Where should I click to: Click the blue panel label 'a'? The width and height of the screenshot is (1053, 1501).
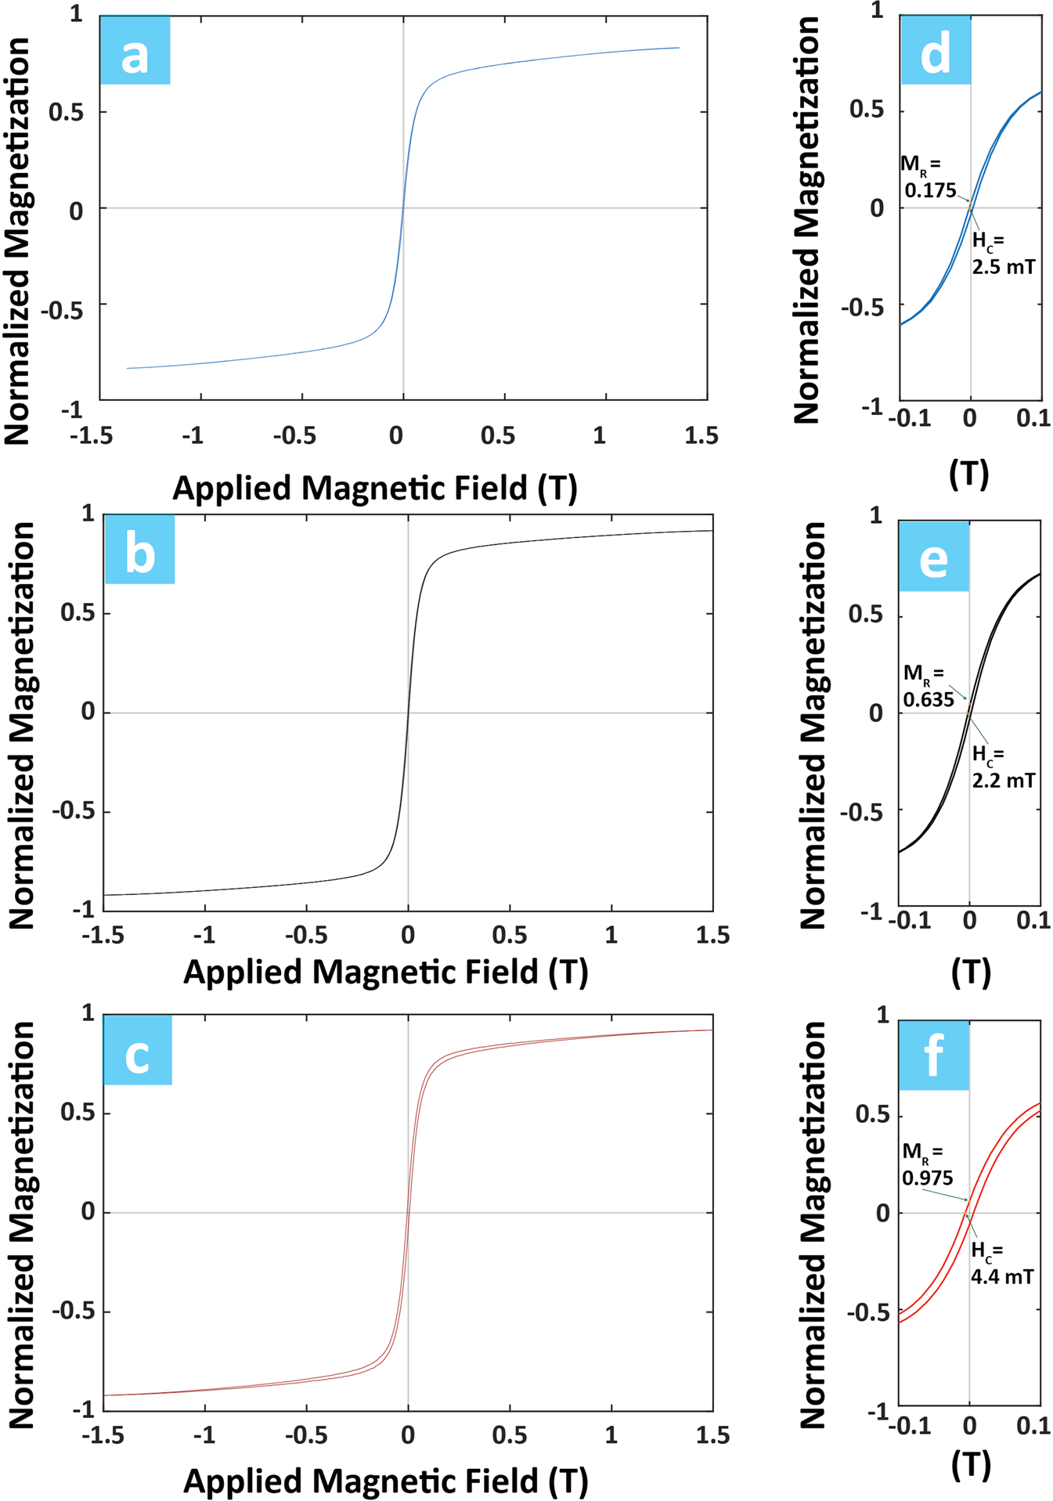click(135, 49)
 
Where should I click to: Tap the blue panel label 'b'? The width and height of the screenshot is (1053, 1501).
click(139, 549)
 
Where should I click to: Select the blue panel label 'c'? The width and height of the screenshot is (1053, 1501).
click(137, 1049)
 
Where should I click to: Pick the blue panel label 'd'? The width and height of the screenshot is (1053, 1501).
click(936, 49)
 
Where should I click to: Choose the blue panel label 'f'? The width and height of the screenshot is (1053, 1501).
click(933, 1055)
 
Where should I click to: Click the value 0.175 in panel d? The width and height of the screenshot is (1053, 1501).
click(930, 190)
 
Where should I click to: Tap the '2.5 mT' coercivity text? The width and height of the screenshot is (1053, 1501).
click(1003, 267)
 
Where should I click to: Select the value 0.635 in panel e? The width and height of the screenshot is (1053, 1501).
click(929, 699)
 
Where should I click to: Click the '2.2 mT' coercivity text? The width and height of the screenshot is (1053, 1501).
click(1003, 780)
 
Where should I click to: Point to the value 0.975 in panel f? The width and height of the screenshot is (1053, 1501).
click(927, 1178)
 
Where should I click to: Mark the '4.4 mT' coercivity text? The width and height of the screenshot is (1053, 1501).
click(1002, 1276)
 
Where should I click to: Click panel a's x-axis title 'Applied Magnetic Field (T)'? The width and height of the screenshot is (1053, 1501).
click(375, 488)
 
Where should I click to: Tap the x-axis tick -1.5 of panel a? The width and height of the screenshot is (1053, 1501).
click(91, 435)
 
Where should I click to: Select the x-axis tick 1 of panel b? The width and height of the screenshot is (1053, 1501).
click(611, 935)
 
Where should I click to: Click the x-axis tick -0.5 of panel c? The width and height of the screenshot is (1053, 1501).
click(306, 1435)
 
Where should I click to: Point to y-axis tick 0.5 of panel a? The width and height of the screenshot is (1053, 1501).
click(66, 112)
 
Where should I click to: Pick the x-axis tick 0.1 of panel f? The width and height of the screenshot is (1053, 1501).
click(1033, 1426)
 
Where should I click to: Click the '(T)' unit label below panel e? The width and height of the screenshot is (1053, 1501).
click(971, 972)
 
